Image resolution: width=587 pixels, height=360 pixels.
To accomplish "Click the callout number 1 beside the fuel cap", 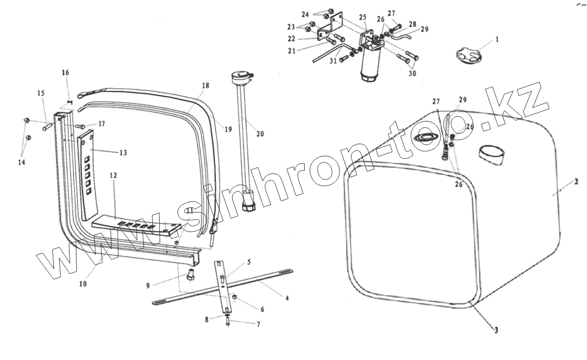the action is tap(497, 40).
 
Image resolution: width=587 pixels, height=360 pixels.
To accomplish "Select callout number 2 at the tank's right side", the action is tap(576, 182).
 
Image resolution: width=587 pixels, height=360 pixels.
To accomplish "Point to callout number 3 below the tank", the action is tap(495, 330).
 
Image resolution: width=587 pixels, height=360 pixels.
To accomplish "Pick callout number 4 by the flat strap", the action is tap(287, 298).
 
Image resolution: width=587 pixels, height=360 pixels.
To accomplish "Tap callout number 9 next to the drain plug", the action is tap(148, 286).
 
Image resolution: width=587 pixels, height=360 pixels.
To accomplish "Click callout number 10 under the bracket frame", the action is tap(82, 284).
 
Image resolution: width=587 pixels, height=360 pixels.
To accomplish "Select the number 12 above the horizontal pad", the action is tap(113, 176).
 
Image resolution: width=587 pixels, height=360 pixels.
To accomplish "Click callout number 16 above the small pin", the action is tap(65, 73).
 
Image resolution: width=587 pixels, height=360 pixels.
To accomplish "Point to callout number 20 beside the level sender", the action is tap(260, 134).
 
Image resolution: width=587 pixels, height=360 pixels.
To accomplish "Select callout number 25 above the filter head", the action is tap(362, 18).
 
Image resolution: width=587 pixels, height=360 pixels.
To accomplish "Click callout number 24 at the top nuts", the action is tap(318, 13).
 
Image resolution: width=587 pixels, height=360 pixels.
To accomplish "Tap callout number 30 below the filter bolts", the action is tap(412, 74).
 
